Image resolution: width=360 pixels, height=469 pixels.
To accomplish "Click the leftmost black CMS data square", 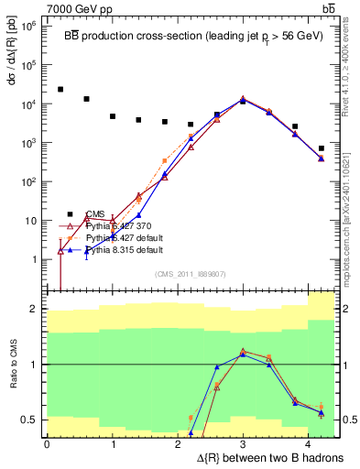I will (60, 89).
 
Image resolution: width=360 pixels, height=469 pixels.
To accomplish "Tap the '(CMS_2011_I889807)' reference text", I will (190, 274).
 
